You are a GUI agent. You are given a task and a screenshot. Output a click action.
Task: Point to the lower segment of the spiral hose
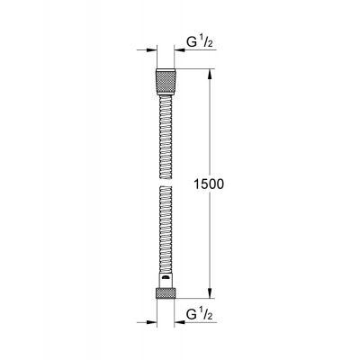pos(166,234)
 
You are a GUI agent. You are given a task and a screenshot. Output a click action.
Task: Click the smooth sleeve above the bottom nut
pos(166,279)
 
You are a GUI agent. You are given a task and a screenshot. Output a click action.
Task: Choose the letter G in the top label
pos(191,42)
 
